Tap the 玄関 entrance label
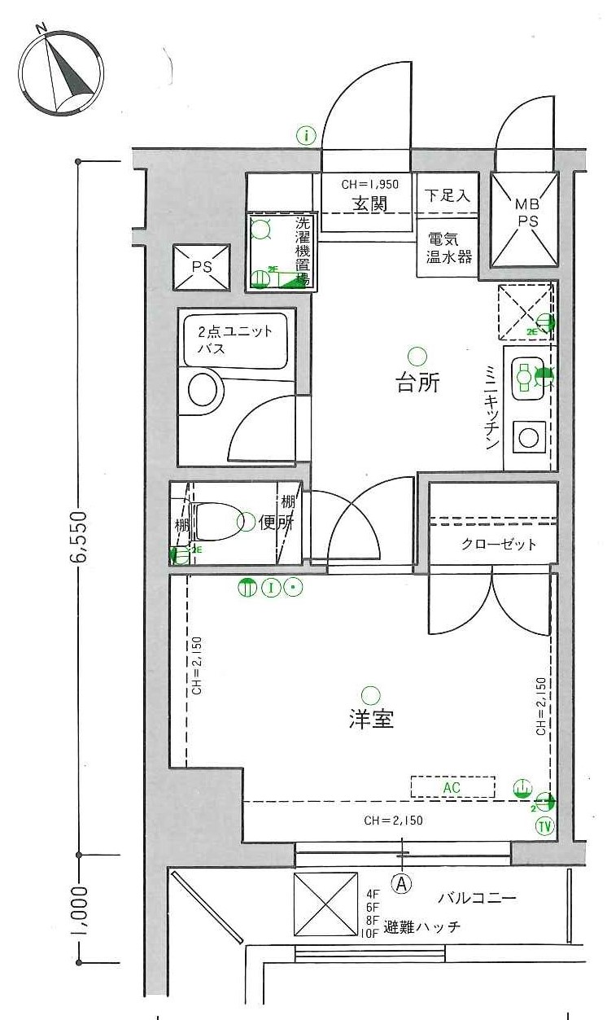coord(369,204)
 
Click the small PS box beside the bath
coord(200,267)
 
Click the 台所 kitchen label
coord(417,383)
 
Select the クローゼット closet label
coord(493,545)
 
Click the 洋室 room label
coord(371,720)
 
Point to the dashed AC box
coord(452,787)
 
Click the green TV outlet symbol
coord(544,825)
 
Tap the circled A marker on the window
coord(401,881)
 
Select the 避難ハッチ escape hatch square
coord(325,904)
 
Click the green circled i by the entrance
coord(306,135)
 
